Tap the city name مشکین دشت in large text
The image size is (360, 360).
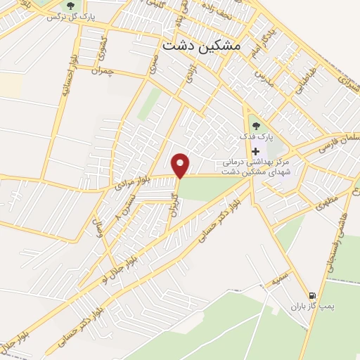(200, 45)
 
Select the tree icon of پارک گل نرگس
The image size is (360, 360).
(71, 7)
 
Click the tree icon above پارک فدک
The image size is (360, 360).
(255, 127)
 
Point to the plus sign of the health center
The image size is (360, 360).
(255, 151)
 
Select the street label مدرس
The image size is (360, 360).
(262, 74)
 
